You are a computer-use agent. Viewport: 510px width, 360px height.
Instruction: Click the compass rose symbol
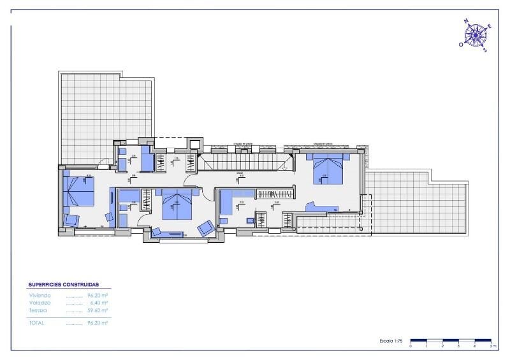[x=476, y=35]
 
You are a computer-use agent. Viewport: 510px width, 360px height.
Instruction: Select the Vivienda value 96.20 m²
[x=98, y=296]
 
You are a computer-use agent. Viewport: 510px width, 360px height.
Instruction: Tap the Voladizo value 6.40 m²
[x=99, y=303]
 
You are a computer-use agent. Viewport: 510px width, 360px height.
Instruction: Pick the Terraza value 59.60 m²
[x=98, y=310]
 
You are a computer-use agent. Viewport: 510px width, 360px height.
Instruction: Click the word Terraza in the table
[x=39, y=310]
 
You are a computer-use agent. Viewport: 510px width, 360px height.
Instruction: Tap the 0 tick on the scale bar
[x=411, y=346]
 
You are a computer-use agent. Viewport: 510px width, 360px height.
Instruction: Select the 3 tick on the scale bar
[x=458, y=346]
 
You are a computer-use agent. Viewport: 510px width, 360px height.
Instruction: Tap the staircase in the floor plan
[x=242, y=162]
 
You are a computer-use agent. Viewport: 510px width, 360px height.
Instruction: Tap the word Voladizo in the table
[x=40, y=303]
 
